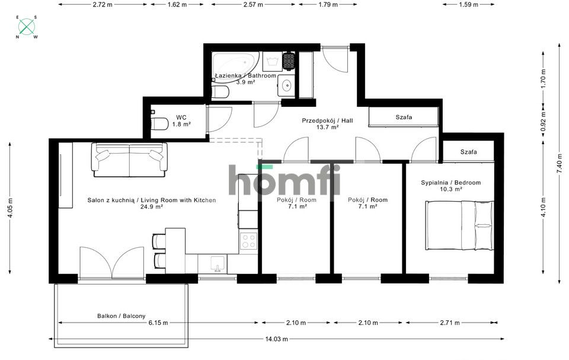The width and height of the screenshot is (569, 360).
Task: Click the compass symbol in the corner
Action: (27, 27)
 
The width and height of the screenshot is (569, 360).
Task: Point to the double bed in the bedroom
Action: (459, 225)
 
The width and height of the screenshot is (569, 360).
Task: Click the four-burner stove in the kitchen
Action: (249, 241)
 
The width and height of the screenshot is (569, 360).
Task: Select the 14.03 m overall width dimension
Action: (276, 339)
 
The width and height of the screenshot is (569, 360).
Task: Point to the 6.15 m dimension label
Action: (158, 323)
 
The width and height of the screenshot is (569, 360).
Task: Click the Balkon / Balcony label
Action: (122, 316)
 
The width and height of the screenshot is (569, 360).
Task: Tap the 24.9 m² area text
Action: (152, 207)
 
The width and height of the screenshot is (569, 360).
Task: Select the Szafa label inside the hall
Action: (404, 117)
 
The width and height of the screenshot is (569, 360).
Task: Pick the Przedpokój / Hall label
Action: (327, 120)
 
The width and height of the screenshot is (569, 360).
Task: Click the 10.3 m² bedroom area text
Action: (450, 189)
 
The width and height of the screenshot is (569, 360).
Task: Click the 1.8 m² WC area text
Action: (181, 125)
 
